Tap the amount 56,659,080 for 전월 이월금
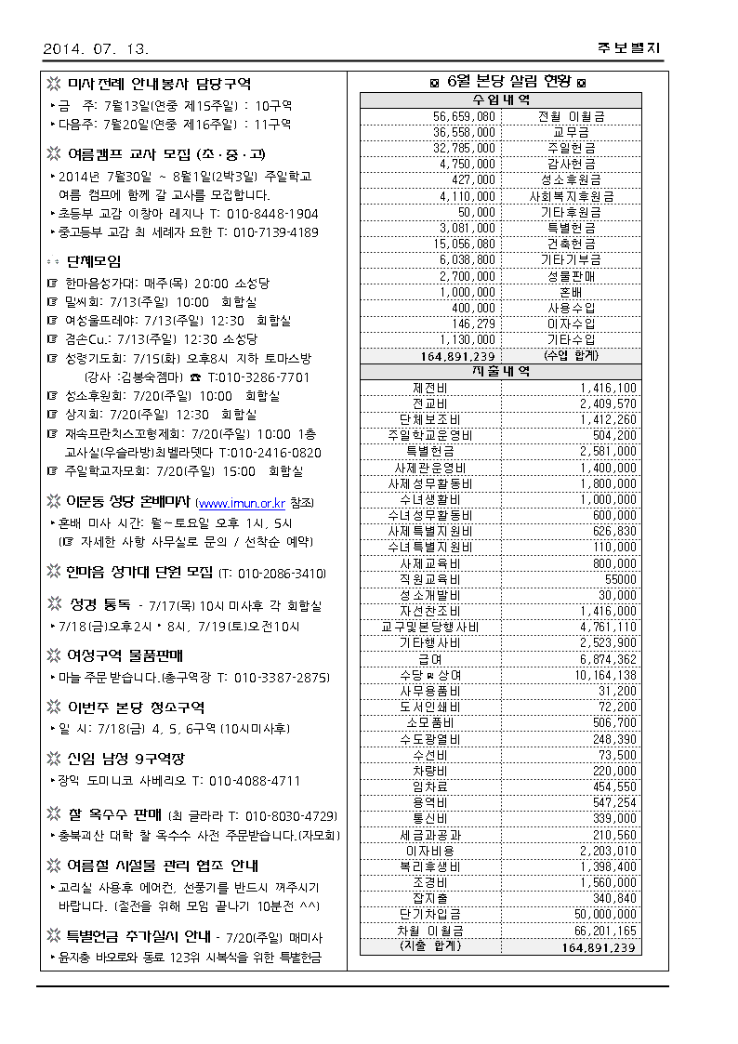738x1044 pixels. click(x=465, y=116)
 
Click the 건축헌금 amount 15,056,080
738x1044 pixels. click(x=465, y=244)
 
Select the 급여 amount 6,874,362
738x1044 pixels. click(x=606, y=659)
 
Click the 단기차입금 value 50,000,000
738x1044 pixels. click(x=601, y=914)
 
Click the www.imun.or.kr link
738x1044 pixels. click(x=242, y=503)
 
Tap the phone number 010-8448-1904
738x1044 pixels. click(x=276, y=213)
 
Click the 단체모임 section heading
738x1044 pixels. click(x=93, y=262)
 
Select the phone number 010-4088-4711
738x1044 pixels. click(x=254, y=780)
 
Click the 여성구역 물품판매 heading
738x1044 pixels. click(x=126, y=654)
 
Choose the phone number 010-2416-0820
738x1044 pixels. click(x=270, y=452)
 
